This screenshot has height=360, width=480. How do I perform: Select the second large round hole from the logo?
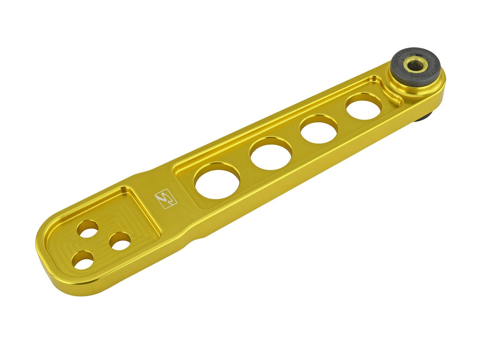click(271, 153)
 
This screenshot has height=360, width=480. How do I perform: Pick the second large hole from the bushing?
click(319, 129)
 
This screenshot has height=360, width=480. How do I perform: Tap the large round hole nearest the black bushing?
click(364, 106)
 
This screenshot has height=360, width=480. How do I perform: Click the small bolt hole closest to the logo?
click(120, 241)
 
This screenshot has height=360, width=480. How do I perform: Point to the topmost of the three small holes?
click(87, 228)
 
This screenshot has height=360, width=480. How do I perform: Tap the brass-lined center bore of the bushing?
click(415, 65)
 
